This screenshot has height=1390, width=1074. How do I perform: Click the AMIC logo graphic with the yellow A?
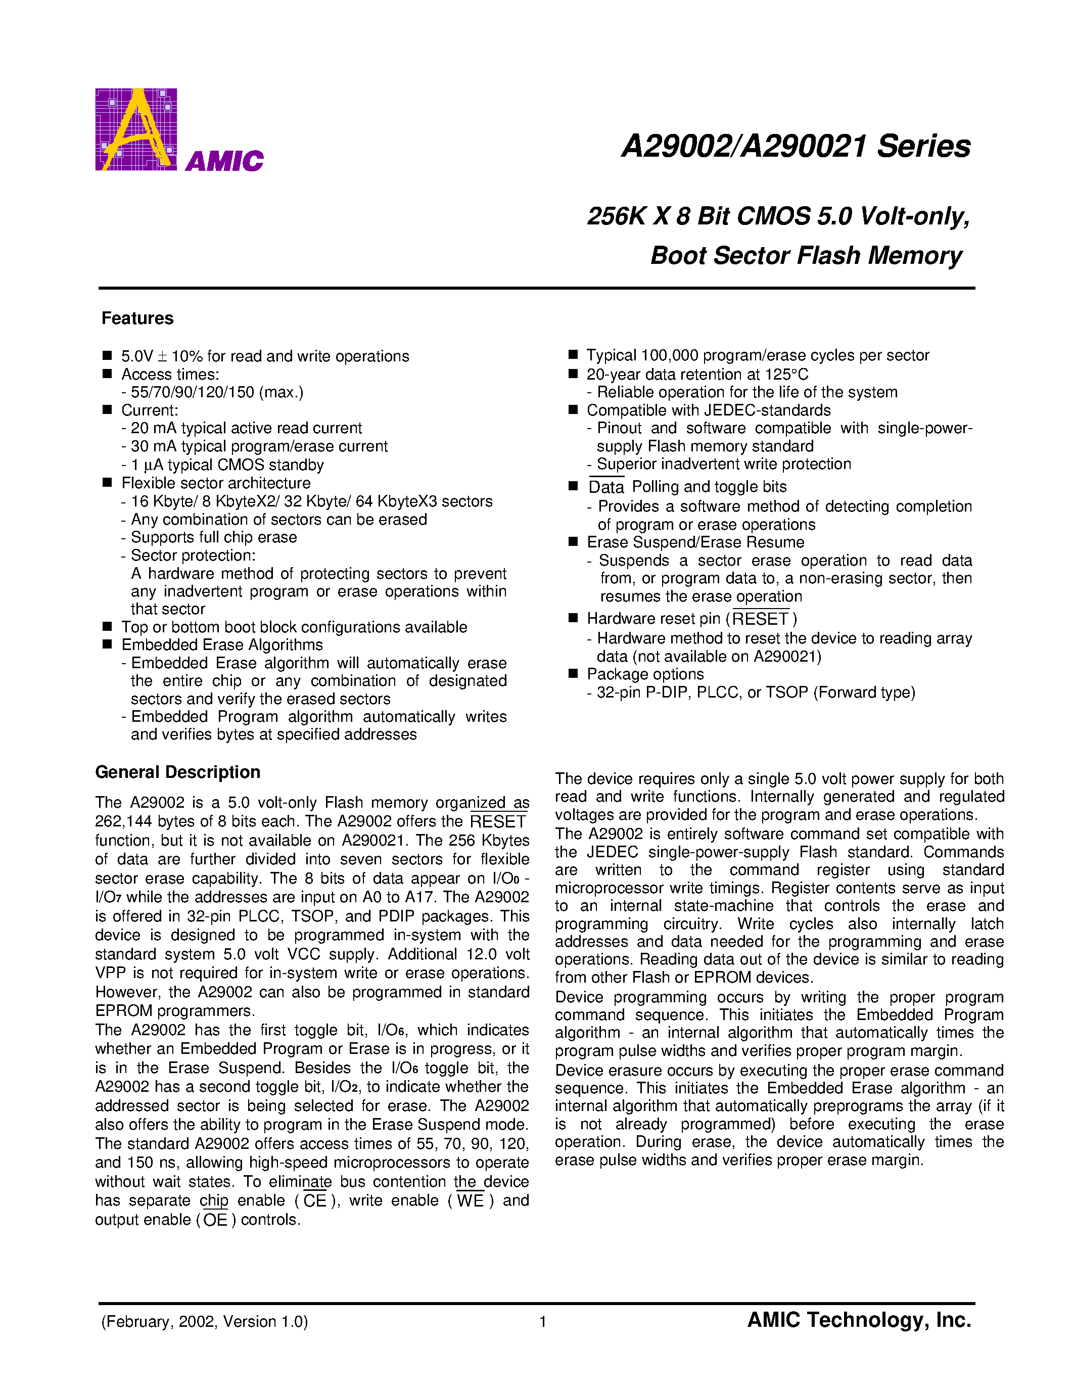pos(135,129)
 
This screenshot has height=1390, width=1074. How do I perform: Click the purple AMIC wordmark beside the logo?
pos(224,161)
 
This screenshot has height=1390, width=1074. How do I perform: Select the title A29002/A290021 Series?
pos(796,147)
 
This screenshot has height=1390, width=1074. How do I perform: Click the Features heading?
pos(137,318)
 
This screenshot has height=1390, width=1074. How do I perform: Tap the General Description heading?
pos(177,772)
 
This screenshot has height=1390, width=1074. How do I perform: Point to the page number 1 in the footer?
pos(543,1322)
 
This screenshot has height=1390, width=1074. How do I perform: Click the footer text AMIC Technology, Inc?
pos(859,1321)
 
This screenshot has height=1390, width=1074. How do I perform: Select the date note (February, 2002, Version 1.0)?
pos(204,1322)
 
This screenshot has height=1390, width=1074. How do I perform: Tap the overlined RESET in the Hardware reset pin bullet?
pos(760,619)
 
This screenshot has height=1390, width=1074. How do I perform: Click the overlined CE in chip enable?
pos(314,1201)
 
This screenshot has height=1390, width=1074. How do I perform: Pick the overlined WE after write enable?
pos(470,1201)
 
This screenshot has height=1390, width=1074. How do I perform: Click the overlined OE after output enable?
pos(215,1220)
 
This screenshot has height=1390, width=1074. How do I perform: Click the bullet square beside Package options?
pos(573,673)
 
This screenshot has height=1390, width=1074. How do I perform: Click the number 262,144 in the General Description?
pos(124,822)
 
